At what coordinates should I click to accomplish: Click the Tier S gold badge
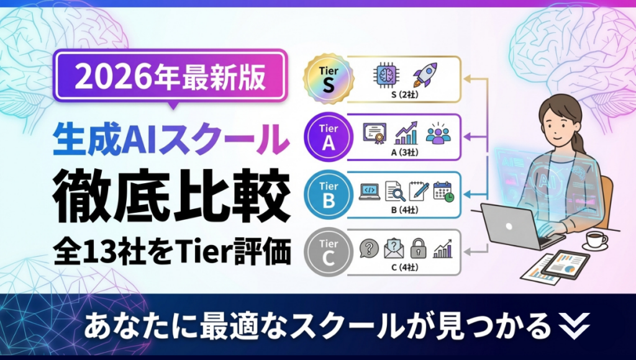(329, 79)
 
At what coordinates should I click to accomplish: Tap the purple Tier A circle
(329, 137)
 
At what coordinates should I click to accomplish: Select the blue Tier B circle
(329, 195)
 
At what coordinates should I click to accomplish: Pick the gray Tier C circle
(329, 252)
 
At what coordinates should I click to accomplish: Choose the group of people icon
(438, 133)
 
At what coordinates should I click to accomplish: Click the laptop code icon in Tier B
(370, 192)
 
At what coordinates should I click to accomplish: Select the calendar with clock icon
(443, 191)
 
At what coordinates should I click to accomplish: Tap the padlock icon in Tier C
(418, 248)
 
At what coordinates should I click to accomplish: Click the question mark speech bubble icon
(369, 248)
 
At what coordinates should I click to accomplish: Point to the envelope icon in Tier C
(394, 248)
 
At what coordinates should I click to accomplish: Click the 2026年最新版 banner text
(170, 77)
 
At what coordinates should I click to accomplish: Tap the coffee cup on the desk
(595, 240)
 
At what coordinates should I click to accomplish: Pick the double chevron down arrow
(574, 325)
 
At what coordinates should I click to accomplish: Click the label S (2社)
(404, 95)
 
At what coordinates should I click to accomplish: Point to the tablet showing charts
(565, 266)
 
